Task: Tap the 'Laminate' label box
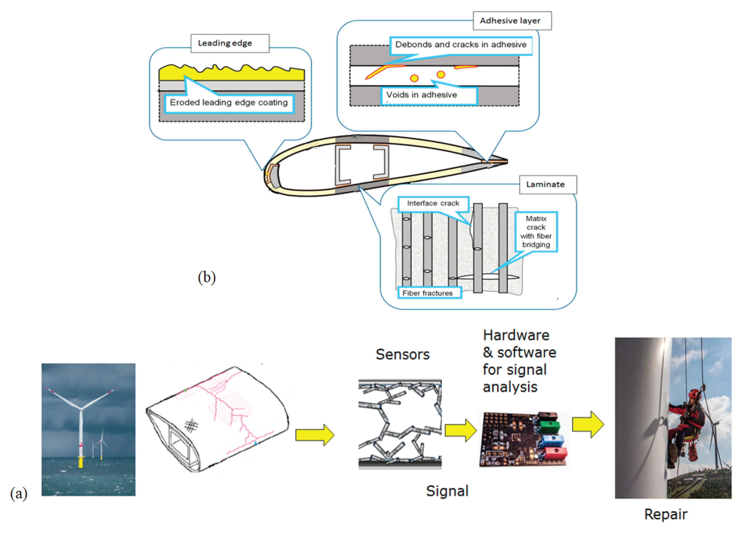pyautogui.click(x=548, y=185)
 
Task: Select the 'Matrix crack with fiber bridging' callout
pyautogui.click(x=536, y=232)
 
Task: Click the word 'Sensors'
pyautogui.click(x=403, y=354)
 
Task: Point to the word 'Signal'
pyautogui.click(x=447, y=491)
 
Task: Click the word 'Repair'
pyautogui.click(x=666, y=514)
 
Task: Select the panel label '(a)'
pyautogui.click(x=19, y=494)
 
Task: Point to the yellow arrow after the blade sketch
pyautogui.click(x=315, y=435)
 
